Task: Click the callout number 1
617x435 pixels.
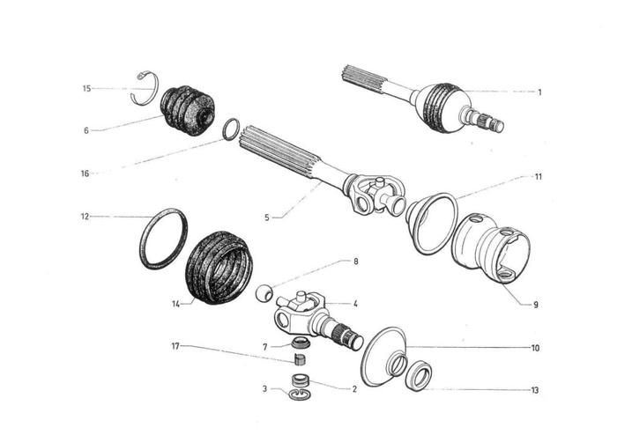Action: tap(539, 92)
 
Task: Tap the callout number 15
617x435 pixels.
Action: tap(86, 88)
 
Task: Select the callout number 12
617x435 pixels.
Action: tap(85, 216)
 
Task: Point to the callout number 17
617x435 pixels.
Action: tap(176, 346)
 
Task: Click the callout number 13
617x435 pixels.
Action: tap(535, 390)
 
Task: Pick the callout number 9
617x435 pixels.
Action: tap(535, 306)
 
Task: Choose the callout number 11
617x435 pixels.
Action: tap(538, 176)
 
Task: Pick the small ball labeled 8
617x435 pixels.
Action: tap(262, 292)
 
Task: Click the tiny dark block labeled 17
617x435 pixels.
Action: tap(299, 358)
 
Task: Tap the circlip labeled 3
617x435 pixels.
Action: tap(300, 390)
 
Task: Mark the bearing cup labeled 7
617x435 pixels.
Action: tap(300, 342)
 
